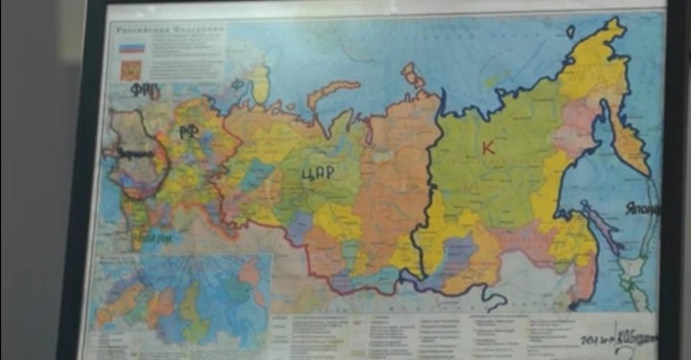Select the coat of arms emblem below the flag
pyautogui.click(x=130, y=69)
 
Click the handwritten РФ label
pyautogui.click(x=188, y=132)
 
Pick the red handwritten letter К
pyautogui.click(x=488, y=147)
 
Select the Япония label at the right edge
pyautogui.click(x=642, y=207)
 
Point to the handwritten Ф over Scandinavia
pyautogui.click(x=237, y=85)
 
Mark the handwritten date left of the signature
pyautogui.click(x=594, y=341)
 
